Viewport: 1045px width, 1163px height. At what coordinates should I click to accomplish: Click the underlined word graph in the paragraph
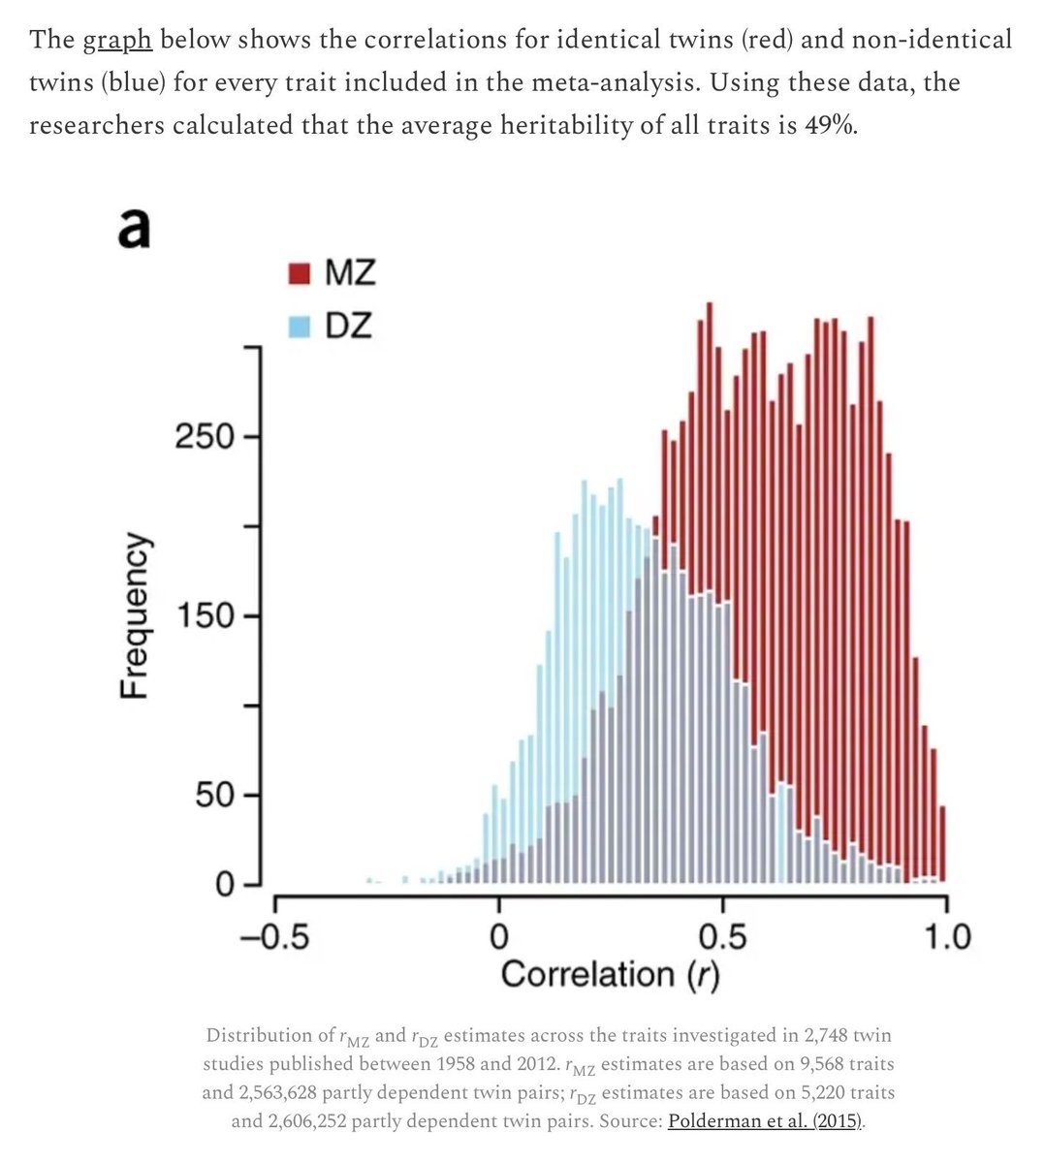117,41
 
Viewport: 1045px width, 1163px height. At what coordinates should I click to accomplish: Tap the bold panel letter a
133,230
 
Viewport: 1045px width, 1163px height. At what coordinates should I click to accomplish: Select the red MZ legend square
300,274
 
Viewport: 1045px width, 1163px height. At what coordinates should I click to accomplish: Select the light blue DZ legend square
300,328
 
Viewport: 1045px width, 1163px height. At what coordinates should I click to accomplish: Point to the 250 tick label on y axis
204,436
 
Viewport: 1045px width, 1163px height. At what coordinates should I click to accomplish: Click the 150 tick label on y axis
204,615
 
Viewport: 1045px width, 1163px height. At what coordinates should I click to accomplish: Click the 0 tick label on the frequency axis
224,885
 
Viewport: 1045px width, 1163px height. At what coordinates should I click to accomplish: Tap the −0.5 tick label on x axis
274,937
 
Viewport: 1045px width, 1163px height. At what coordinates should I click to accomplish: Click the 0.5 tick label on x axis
722,937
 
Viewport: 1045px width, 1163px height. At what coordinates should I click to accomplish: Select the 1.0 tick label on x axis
945,937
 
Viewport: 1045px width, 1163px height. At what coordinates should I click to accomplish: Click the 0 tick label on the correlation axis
498,937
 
